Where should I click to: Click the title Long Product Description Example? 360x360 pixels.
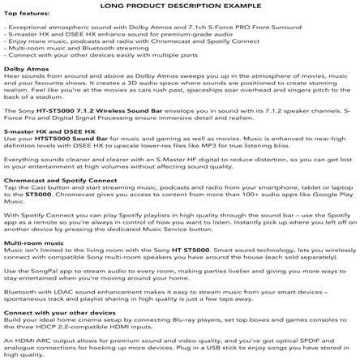pos(179,5)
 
